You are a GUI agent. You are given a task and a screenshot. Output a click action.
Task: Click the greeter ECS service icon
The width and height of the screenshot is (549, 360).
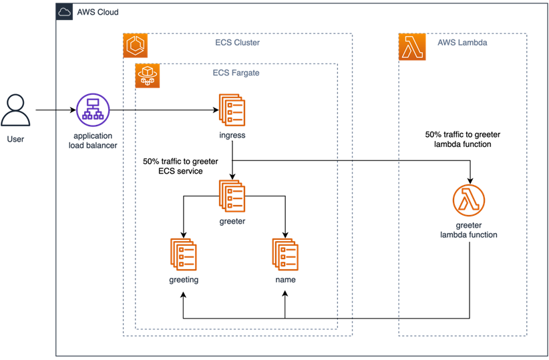pos(232,196)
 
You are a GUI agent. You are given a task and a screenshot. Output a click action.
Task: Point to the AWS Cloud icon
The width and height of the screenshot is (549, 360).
pos(65,12)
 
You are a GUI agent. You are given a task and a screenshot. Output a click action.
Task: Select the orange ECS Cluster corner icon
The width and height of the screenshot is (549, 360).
pos(136,45)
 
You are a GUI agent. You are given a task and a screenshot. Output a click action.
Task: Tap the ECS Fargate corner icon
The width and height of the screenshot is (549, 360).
pos(147,75)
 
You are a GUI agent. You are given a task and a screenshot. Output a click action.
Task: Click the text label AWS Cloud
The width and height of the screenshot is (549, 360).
pos(98,13)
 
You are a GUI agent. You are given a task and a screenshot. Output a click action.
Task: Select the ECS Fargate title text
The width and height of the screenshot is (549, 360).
pos(231,73)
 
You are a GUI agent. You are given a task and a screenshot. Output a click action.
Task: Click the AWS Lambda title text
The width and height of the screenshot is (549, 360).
pos(462,43)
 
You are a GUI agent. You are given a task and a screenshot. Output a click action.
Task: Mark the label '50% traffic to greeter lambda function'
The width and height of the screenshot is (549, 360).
pos(462,139)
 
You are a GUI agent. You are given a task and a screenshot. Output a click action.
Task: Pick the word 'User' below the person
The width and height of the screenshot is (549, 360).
pos(15,140)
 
